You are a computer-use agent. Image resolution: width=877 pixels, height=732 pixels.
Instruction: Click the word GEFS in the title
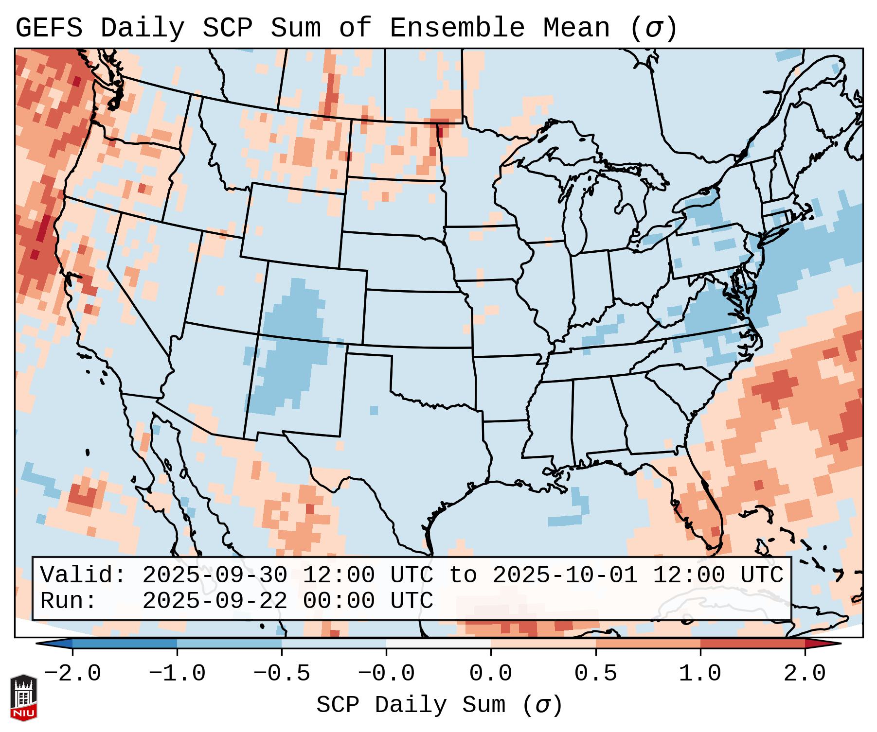pos(49,28)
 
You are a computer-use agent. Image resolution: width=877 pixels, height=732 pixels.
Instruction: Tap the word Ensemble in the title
pos(457,28)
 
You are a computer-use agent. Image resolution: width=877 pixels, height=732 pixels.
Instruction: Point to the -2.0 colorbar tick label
pos(72,674)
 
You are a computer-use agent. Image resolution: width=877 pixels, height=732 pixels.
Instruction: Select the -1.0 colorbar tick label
pos(177,674)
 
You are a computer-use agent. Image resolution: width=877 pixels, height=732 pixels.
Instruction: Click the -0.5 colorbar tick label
pos(282,674)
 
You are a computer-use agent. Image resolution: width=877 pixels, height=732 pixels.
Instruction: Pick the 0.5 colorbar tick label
pos(595,674)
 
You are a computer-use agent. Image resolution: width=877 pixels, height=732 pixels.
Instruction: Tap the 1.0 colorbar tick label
pos(700,674)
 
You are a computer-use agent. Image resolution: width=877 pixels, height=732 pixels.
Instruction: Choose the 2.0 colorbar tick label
pos(805,674)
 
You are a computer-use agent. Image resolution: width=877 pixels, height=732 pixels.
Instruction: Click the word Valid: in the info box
pos(83,575)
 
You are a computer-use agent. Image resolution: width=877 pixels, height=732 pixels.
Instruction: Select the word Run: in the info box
pos(69,601)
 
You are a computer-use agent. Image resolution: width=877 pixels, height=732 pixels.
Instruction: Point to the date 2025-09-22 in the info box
pos(215,601)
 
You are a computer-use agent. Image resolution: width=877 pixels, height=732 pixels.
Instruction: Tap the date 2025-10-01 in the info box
pos(565,575)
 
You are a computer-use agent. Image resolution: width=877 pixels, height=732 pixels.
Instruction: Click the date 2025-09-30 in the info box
pos(215,575)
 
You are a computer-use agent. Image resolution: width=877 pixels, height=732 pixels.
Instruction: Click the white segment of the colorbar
pos(438,644)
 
